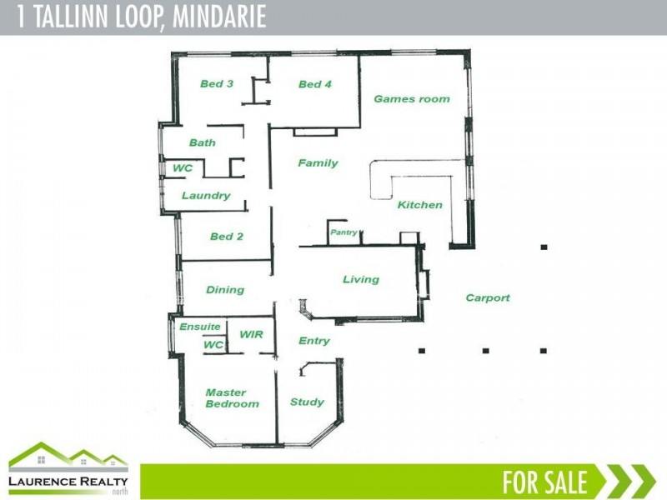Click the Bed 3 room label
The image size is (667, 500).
click(216, 83)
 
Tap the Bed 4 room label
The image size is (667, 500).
click(315, 84)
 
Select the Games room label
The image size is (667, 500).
click(411, 99)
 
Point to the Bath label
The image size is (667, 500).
click(202, 142)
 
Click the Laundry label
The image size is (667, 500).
click(206, 196)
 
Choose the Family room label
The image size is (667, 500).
click(318, 163)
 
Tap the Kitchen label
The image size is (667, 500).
click(419, 205)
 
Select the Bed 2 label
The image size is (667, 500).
click(226, 237)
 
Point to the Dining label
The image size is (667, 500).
click(225, 290)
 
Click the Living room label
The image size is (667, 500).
click(361, 280)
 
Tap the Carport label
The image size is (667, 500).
click(488, 297)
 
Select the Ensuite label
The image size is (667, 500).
click(200, 327)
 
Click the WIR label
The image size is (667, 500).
click(251, 334)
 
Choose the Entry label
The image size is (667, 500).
click(313, 341)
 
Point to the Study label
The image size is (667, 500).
click(307, 402)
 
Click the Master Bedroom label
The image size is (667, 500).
click(232, 398)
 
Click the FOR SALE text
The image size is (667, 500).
click(544, 482)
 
